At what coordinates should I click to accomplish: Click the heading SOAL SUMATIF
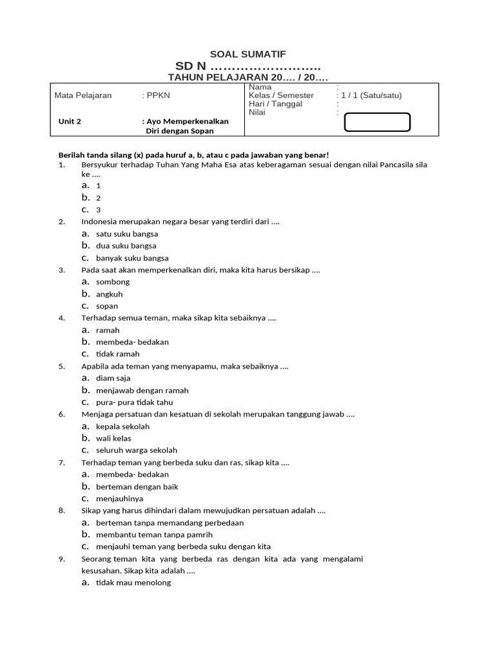pyautogui.click(x=248, y=55)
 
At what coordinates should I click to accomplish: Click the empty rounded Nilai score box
pyautogui.click(x=377, y=122)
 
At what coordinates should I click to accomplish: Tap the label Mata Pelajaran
pyautogui.click(x=83, y=95)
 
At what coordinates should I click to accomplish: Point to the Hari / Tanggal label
pyautogui.click(x=275, y=104)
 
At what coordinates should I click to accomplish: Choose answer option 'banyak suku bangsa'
pyautogui.click(x=131, y=258)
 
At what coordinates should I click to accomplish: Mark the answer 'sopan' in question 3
pyautogui.click(x=107, y=306)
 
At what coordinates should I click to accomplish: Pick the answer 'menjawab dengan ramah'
pyautogui.click(x=142, y=390)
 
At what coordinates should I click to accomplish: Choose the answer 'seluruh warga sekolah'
pyautogui.click(x=136, y=450)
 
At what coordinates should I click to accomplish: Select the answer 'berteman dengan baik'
pyautogui.click(x=137, y=487)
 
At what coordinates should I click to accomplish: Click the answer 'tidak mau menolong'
pyautogui.click(x=133, y=582)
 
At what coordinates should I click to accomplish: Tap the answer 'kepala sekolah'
pyautogui.click(x=122, y=426)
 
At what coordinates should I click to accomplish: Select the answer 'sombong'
pyautogui.click(x=112, y=282)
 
